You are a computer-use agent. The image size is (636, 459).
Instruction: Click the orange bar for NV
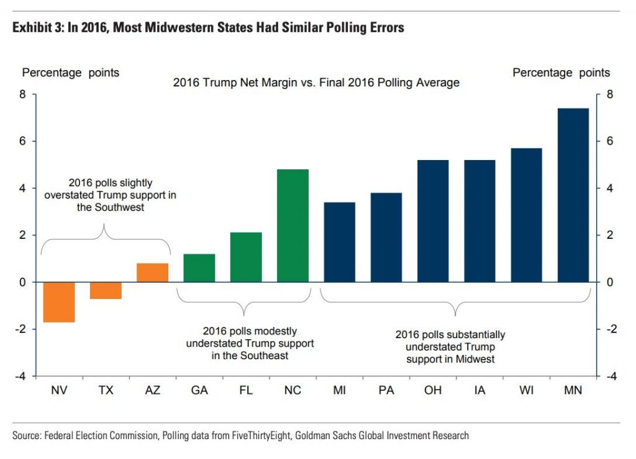pyautogui.click(x=59, y=302)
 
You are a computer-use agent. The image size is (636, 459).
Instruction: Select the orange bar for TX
pyautogui.click(x=106, y=290)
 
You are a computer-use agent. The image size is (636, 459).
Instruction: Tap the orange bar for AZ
pyautogui.click(x=153, y=273)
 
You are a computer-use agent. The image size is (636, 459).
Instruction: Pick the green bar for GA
pyautogui.click(x=199, y=268)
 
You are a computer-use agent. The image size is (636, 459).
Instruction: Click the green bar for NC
pyautogui.click(x=293, y=226)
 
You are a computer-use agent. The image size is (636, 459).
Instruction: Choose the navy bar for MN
pyautogui.click(x=573, y=195)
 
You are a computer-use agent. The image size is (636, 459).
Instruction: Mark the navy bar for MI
pyautogui.click(x=340, y=242)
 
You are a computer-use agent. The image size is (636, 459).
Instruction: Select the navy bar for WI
pyautogui.click(x=526, y=215)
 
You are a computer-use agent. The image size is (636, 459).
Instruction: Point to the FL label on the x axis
pyautogui.click(x=246, y=391)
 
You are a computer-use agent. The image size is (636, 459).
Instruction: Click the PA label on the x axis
pyautogui.click(x=386, y=391)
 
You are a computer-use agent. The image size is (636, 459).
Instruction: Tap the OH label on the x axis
pyautogui.click(x=433, y=391)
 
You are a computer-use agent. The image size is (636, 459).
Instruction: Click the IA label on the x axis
pyautogui.click(x=479, y=391)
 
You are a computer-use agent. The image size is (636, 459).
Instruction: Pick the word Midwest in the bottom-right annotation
pyautogui.click(x=476, y=359)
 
